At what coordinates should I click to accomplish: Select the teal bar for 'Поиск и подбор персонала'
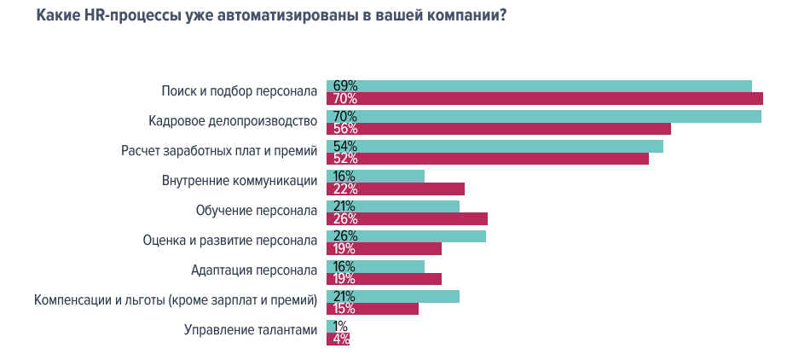[539, 85]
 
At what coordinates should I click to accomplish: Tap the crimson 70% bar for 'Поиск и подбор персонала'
[544, 98]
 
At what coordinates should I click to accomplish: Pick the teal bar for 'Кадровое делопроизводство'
[543, 116]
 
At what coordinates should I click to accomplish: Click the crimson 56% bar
[498, 129]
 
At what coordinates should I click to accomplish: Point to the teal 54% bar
[495, 146]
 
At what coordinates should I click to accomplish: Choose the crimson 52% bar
[487, 159]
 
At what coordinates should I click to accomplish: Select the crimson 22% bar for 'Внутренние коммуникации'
[395, 189]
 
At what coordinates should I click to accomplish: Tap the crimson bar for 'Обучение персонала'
[407, 218]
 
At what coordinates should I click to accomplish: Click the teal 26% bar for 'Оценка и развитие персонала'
[406, 236]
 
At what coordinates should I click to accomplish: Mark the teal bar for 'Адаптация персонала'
[375, 266]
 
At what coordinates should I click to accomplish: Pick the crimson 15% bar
[373, 309]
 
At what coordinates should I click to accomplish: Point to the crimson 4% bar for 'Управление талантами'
[338, 339]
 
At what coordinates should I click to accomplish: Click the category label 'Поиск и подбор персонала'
[240, 90]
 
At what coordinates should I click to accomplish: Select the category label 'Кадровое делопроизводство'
[233, 120]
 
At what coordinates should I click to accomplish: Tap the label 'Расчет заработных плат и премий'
[219, 151]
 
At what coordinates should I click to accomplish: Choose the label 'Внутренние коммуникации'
[240, 181]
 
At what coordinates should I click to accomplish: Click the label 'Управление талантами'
[251, 330]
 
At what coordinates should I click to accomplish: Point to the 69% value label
[344, 85]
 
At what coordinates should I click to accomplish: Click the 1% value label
[340, 326]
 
